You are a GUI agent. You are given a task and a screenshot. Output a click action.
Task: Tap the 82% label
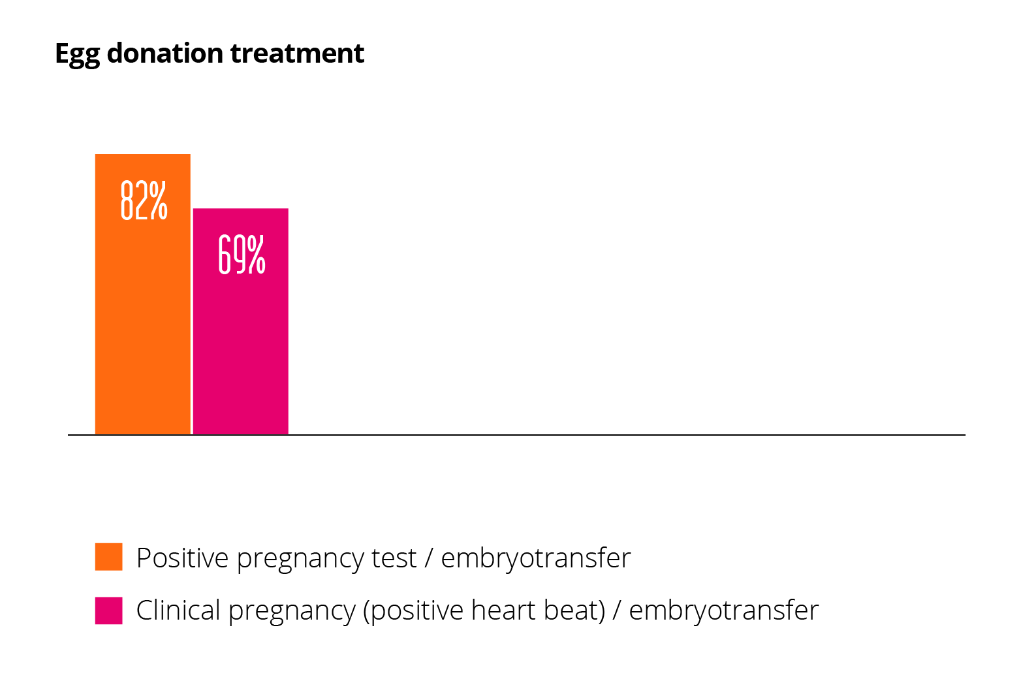pyautogui.click(x=144, y=200)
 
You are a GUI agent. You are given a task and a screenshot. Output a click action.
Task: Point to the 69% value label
pyautogui.click(x=242, y=254)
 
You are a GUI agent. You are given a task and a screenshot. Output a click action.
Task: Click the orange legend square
pyautogui.click(x=108, y=557)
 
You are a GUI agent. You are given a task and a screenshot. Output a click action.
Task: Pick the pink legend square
pyautogui.click(x=108, y=610)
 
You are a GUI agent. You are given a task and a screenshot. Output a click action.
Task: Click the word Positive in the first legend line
pyautogui.click(x=182, y=558)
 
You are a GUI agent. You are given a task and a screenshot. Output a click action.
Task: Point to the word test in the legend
pyautogui.click(x=394, y=558)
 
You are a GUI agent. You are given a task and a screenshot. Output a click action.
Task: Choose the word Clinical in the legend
pyautogui.click(x=178, y=610)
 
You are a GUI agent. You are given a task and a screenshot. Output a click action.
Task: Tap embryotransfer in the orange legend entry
pyautogui.click(x=536, y=558)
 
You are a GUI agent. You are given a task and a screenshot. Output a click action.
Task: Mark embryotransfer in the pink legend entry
pyautogui.click(x=723, y=610)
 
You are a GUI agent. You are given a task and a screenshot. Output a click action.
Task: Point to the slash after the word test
pyautogui.click(x=428, y=558)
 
